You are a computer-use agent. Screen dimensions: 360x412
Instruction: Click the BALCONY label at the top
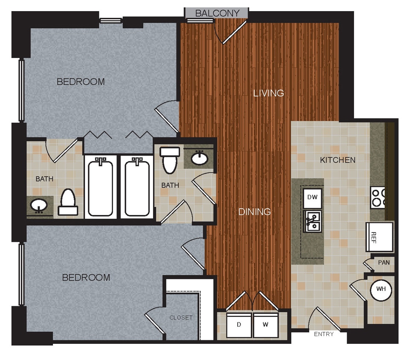[x=217, y=13]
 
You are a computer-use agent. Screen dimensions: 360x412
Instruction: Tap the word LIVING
[x=268, y=93]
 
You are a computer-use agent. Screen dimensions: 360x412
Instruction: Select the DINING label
[x=255, y=211]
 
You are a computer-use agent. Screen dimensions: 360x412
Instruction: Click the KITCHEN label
[x=338, y=160]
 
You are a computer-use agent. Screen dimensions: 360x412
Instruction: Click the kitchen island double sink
[x=313, y=221]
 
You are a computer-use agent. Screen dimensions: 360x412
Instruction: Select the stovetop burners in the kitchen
[x=378, y=197]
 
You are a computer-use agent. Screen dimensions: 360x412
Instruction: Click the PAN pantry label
[x=383, y=262]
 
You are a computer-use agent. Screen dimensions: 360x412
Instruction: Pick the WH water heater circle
[x=380, y=289]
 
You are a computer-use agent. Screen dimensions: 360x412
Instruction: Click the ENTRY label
[x=324, y=334]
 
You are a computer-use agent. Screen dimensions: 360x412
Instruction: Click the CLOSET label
[x=181, y=317]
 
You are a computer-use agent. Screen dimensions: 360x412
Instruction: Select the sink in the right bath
[x=199, y=159]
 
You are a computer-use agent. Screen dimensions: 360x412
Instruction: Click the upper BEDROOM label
[x=81, y=81]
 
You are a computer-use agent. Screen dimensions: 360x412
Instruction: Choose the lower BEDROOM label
[x=86, y=277]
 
